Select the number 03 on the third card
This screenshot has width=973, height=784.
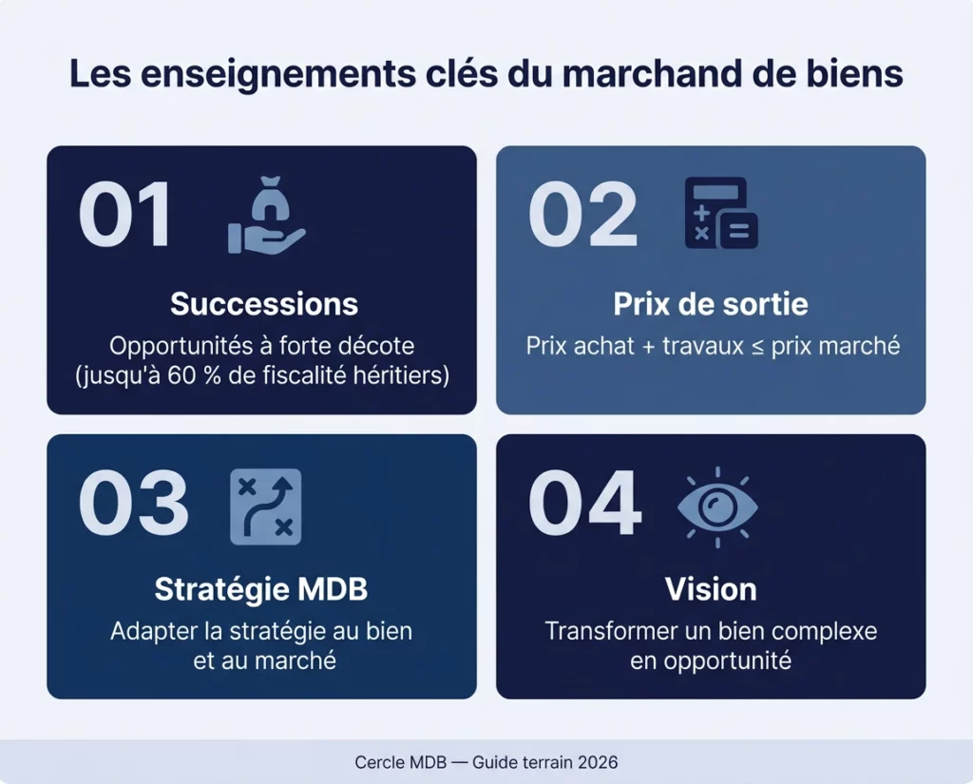tap(133, 504)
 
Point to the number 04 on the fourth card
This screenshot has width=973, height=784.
tap(585, 504)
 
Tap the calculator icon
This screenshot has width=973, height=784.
tap(721, 214)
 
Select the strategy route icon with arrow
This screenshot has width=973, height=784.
tap(266, 506)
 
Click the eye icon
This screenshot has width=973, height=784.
tap(717, 506)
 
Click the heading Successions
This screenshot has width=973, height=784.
tap(264, 304)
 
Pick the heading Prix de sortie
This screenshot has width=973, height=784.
tap(711, 304)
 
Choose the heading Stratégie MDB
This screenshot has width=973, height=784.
tap(261, 589)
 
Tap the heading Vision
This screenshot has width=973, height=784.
tap(711, 589)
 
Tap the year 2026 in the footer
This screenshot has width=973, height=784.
tap(597, 762)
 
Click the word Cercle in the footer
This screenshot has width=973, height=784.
tap(379, 762)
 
